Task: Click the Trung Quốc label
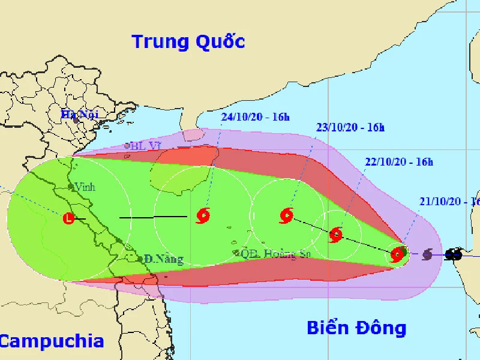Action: (188, 42)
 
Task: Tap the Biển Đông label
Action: (356, 328)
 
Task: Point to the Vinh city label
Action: (84, 187)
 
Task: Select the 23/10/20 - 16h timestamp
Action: (350, 127)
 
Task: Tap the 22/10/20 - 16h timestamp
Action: (399, 162)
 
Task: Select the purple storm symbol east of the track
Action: (427, 254)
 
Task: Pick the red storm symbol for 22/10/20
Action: (336, 235)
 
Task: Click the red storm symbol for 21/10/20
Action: (397, 255)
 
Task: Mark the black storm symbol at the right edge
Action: (454, 254)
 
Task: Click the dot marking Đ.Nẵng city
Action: (140, 259)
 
